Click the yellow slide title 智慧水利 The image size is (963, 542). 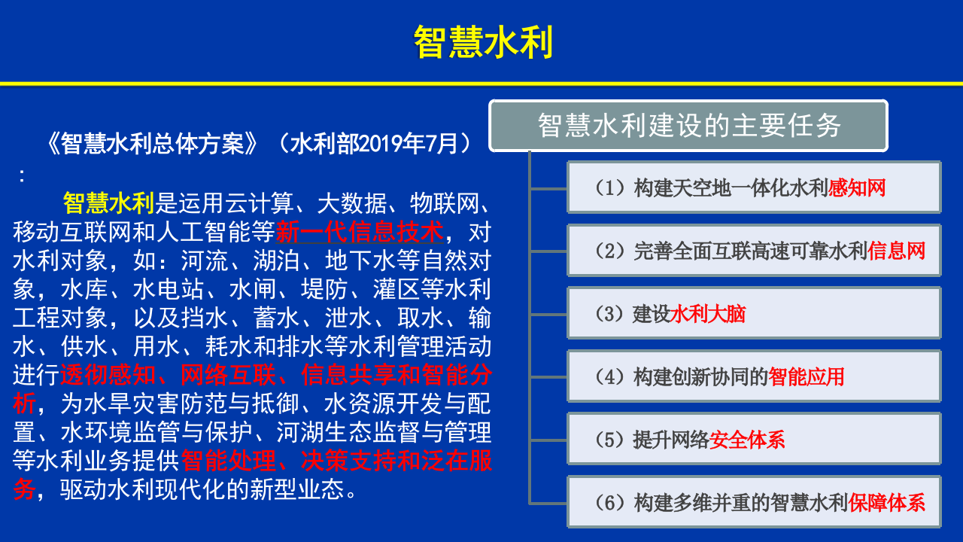click(484, 43)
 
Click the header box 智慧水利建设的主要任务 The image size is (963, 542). click(688, 126)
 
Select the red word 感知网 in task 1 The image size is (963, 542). click(857, 187)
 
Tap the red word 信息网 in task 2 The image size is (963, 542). click(896, 251)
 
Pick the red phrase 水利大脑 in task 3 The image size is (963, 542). click(707, 314)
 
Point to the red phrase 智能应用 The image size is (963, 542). click(806, 376)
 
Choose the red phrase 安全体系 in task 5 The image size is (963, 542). click(747, 440)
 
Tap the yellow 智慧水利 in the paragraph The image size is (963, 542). click(108, 203)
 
